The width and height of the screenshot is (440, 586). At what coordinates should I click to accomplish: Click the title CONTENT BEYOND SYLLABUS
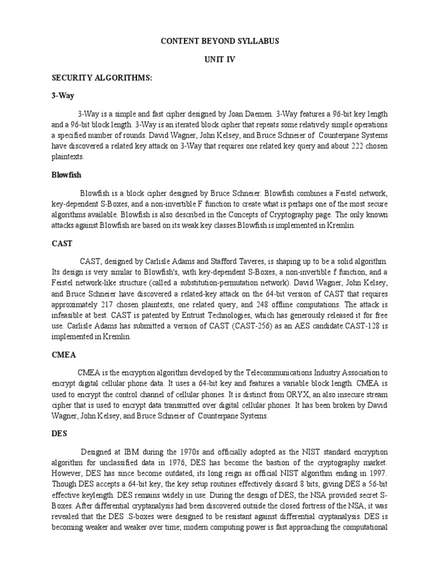click(x=219, y=42)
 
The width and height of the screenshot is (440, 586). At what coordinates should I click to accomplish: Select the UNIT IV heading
click(x=219, y=60)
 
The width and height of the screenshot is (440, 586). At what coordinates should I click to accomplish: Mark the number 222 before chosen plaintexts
click(x=342, y=145)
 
